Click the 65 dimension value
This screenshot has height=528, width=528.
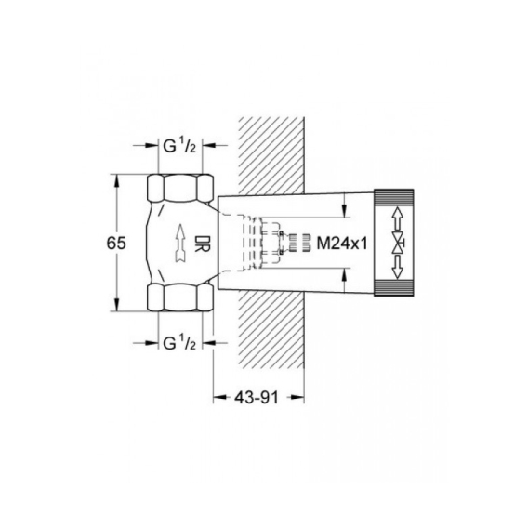point(116,243)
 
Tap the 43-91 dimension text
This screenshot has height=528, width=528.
point(257,398)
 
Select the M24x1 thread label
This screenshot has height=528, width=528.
point(342,244)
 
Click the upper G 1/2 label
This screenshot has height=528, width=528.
point(179,146)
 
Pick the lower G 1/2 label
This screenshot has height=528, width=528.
point(179,343)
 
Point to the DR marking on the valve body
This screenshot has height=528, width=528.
point(202,244)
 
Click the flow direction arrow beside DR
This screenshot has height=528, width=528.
point(181,243)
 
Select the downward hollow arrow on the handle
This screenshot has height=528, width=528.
point(397,268)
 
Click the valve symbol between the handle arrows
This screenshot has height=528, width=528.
point(398,243)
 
